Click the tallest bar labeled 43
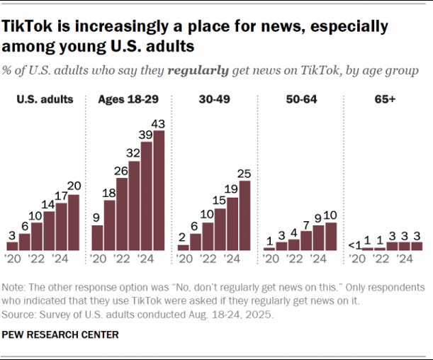click(159, 190)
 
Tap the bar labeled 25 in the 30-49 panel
click(244, 215)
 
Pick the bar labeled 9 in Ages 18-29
click(98, 237)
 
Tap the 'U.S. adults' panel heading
click(45, 99)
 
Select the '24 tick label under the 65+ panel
click(404, 259)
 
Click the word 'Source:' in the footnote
click(19, 311)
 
